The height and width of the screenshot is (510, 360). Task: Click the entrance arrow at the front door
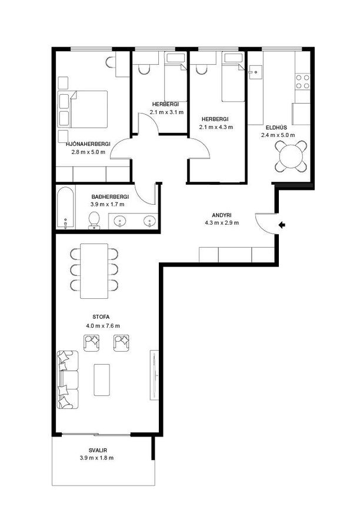(x=282, y=225)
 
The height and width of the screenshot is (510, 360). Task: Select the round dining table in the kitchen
(x=291, y=156)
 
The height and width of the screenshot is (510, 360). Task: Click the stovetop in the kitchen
(x=302, y=82)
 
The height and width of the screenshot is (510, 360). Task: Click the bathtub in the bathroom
(x=65, y=207)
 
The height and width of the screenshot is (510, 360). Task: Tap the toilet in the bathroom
(x=94, y=221)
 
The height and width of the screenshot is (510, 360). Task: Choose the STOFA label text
(x=101, y=317)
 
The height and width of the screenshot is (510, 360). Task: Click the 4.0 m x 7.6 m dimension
(x=103, y=325)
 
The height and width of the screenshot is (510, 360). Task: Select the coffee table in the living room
(x=102, y=379)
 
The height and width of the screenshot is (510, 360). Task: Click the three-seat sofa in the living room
(x=68, y=379)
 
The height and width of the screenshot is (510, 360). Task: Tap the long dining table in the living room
(x=94, y=271)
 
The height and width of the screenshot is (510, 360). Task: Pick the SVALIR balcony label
(x=98, y=451)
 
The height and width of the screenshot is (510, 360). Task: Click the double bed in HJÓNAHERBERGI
(x=82, y=109)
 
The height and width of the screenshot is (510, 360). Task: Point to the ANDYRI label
(x=221, y=215)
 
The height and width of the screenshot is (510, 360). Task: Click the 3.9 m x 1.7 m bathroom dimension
(x=107, y=205)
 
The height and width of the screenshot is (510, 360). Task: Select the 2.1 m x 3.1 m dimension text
(x=166, y=112)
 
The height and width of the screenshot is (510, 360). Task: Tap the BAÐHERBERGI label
(x=110, y=197)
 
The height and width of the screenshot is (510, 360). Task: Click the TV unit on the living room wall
(x=154, y=375)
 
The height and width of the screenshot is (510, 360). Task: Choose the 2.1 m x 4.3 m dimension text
(x=216, y=127)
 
